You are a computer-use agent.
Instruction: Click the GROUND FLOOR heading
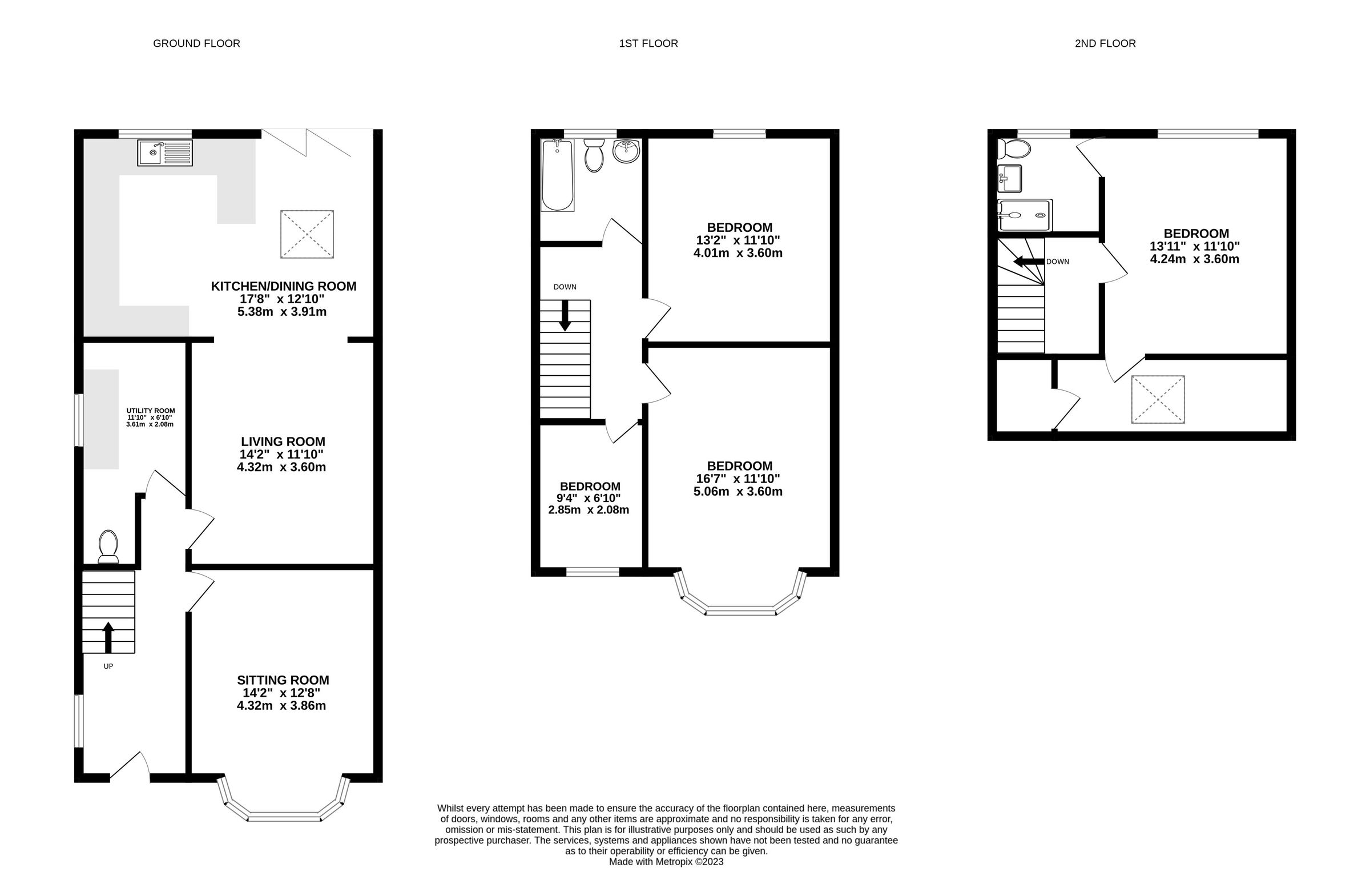click(196, 44)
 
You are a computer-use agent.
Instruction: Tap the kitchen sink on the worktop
click(164, 152)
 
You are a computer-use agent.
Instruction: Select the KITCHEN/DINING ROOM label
click(283, 286)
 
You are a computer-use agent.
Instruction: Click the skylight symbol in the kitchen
click(307, 234)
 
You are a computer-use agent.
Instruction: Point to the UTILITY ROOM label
click(150, 411)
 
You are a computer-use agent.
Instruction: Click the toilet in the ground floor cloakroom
click(108, 546)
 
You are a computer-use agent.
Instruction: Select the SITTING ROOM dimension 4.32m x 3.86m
click(281, 706)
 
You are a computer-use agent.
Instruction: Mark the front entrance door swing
click(131, 765)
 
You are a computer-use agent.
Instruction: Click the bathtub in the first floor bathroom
click(558, 175)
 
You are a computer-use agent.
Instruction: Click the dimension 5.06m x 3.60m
click(738, 492)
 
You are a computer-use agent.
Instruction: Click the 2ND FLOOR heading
click(1105, 44)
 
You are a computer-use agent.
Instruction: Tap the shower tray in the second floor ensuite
click(1025, 215)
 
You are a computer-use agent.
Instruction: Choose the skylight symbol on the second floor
click(1158, 399)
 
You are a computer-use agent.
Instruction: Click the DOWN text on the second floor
click(1057, 262)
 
